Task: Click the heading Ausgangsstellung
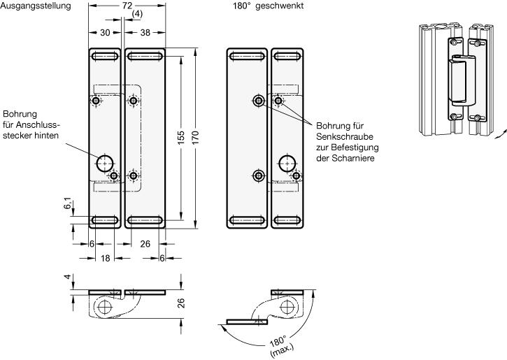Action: (36, 6)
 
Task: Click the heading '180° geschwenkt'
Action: (268, 6)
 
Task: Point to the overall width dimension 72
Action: (127, 6)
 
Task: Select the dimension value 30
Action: (105, 32)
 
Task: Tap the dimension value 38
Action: (145, 32)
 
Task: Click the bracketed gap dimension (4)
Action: (137, 14)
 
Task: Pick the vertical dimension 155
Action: (181, 138)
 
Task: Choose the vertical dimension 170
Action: (195, 138)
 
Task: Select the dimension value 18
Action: (106, 258)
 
